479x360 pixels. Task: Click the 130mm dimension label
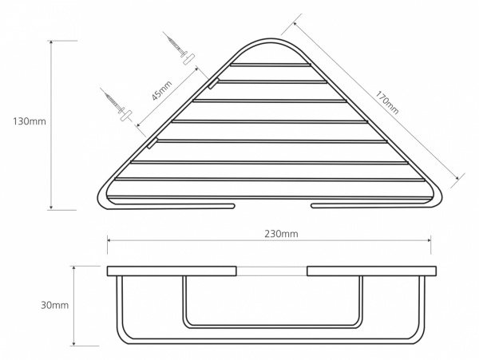(30, 121)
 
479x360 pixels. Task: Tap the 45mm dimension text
(162, 91)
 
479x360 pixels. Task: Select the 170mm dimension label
(387, 103)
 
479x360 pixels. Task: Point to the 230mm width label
(281, 234)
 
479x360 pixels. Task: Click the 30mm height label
(54, 305)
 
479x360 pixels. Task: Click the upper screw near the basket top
(176, 45)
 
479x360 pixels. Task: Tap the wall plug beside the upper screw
(188, 59)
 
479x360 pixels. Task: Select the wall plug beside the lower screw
(126, 116)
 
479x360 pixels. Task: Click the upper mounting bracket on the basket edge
(213, 83)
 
